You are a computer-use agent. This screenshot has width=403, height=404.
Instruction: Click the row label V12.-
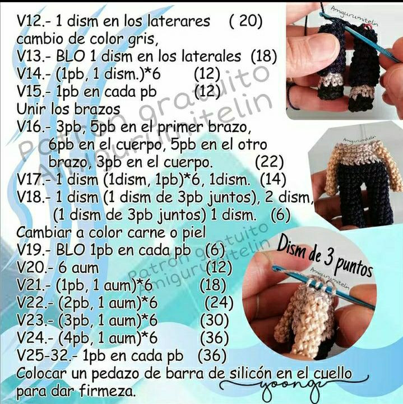pos(35,22)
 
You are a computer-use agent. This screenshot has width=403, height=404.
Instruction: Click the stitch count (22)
pos(269,162)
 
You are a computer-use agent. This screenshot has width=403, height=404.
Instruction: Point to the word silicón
pos(256,373)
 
